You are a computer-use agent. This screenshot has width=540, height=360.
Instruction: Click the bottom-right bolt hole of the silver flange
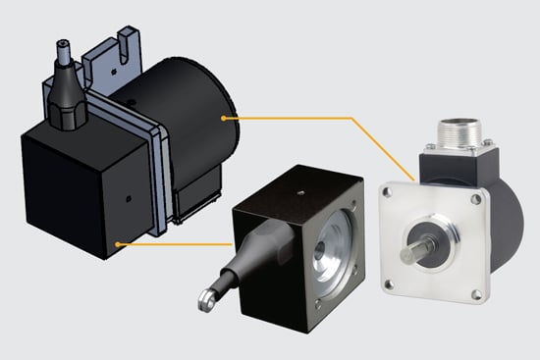477,291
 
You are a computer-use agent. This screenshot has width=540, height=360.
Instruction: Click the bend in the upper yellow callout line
349,119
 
